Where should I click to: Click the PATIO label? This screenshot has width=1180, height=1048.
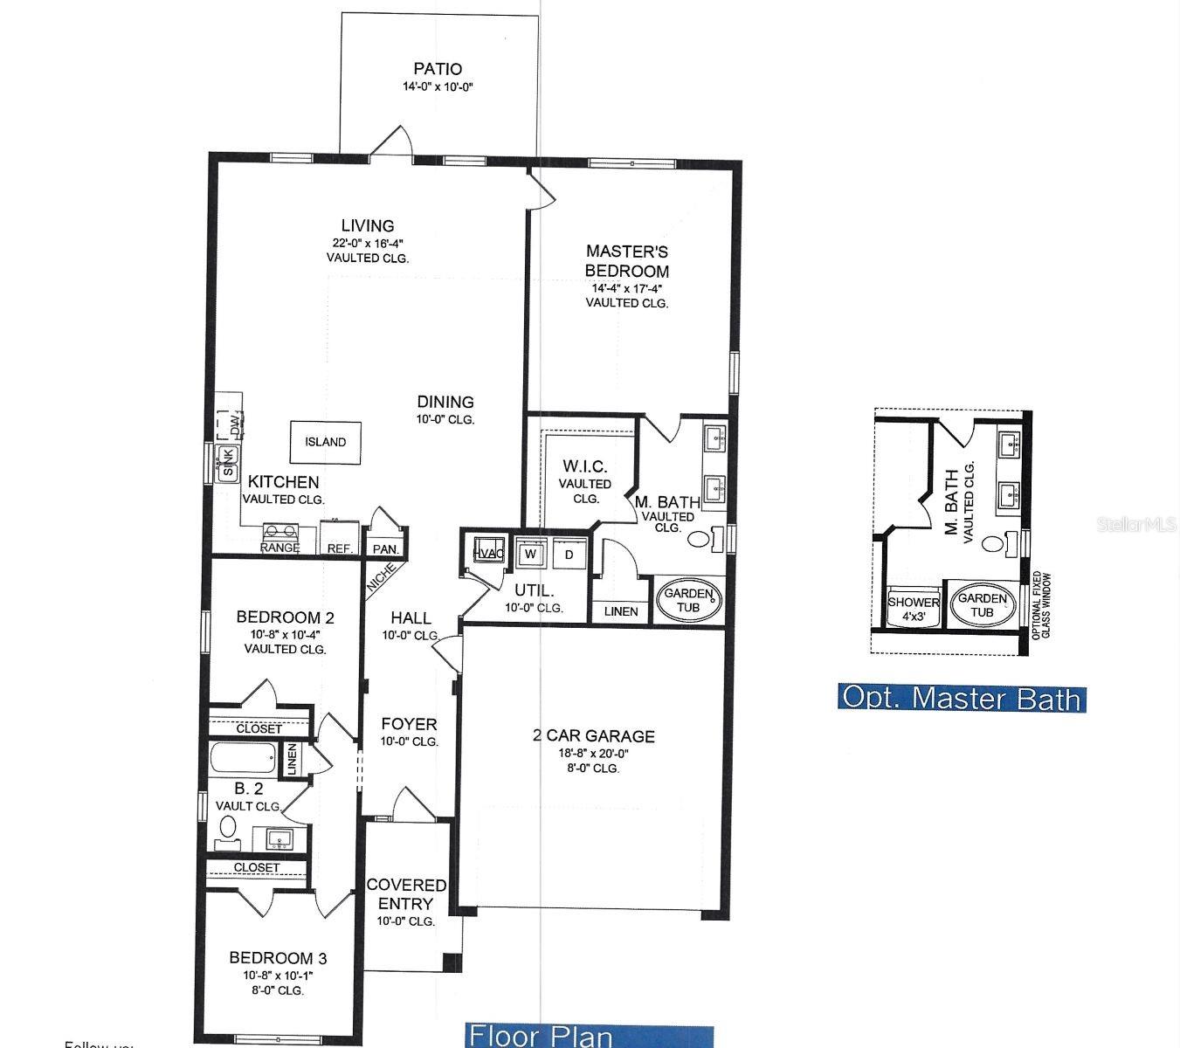438,69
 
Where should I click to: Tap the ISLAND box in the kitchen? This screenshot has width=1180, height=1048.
325,442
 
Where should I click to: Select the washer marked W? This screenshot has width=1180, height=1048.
530,554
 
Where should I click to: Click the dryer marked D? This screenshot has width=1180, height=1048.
569,554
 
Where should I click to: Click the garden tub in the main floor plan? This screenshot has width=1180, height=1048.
688,601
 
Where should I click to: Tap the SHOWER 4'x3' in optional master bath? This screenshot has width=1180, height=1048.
914,608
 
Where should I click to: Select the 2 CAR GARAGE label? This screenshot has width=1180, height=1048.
593,736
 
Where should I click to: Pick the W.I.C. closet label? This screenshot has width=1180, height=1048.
585,467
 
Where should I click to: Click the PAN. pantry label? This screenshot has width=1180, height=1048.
385,549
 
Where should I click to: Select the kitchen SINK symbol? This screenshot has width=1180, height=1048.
226,462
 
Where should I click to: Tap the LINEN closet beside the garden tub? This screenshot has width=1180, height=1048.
621,611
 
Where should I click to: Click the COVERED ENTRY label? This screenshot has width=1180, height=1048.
406,894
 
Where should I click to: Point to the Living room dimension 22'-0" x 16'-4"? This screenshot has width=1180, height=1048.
367,243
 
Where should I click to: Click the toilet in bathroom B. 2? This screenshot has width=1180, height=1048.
228,826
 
